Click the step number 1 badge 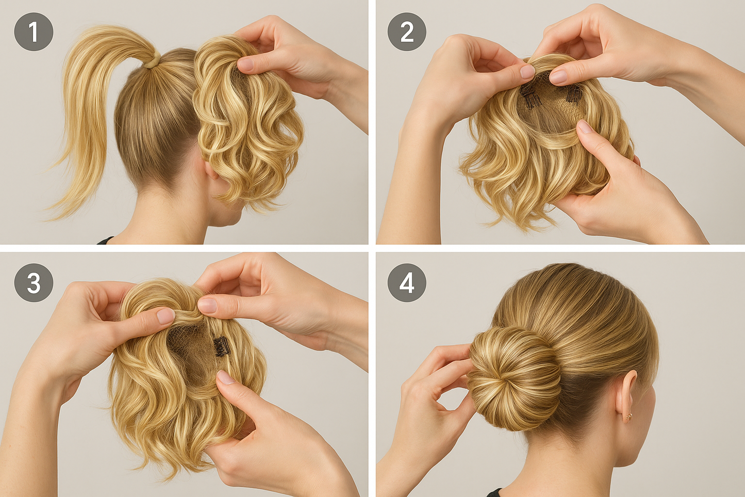(34, 31)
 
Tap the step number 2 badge (407, 31)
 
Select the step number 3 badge (34, 283)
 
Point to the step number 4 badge (407, 283)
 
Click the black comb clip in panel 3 (221, 346)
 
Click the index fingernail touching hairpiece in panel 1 (246, 64)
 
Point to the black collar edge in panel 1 (106, 240)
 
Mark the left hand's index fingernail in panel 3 (165, 316)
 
